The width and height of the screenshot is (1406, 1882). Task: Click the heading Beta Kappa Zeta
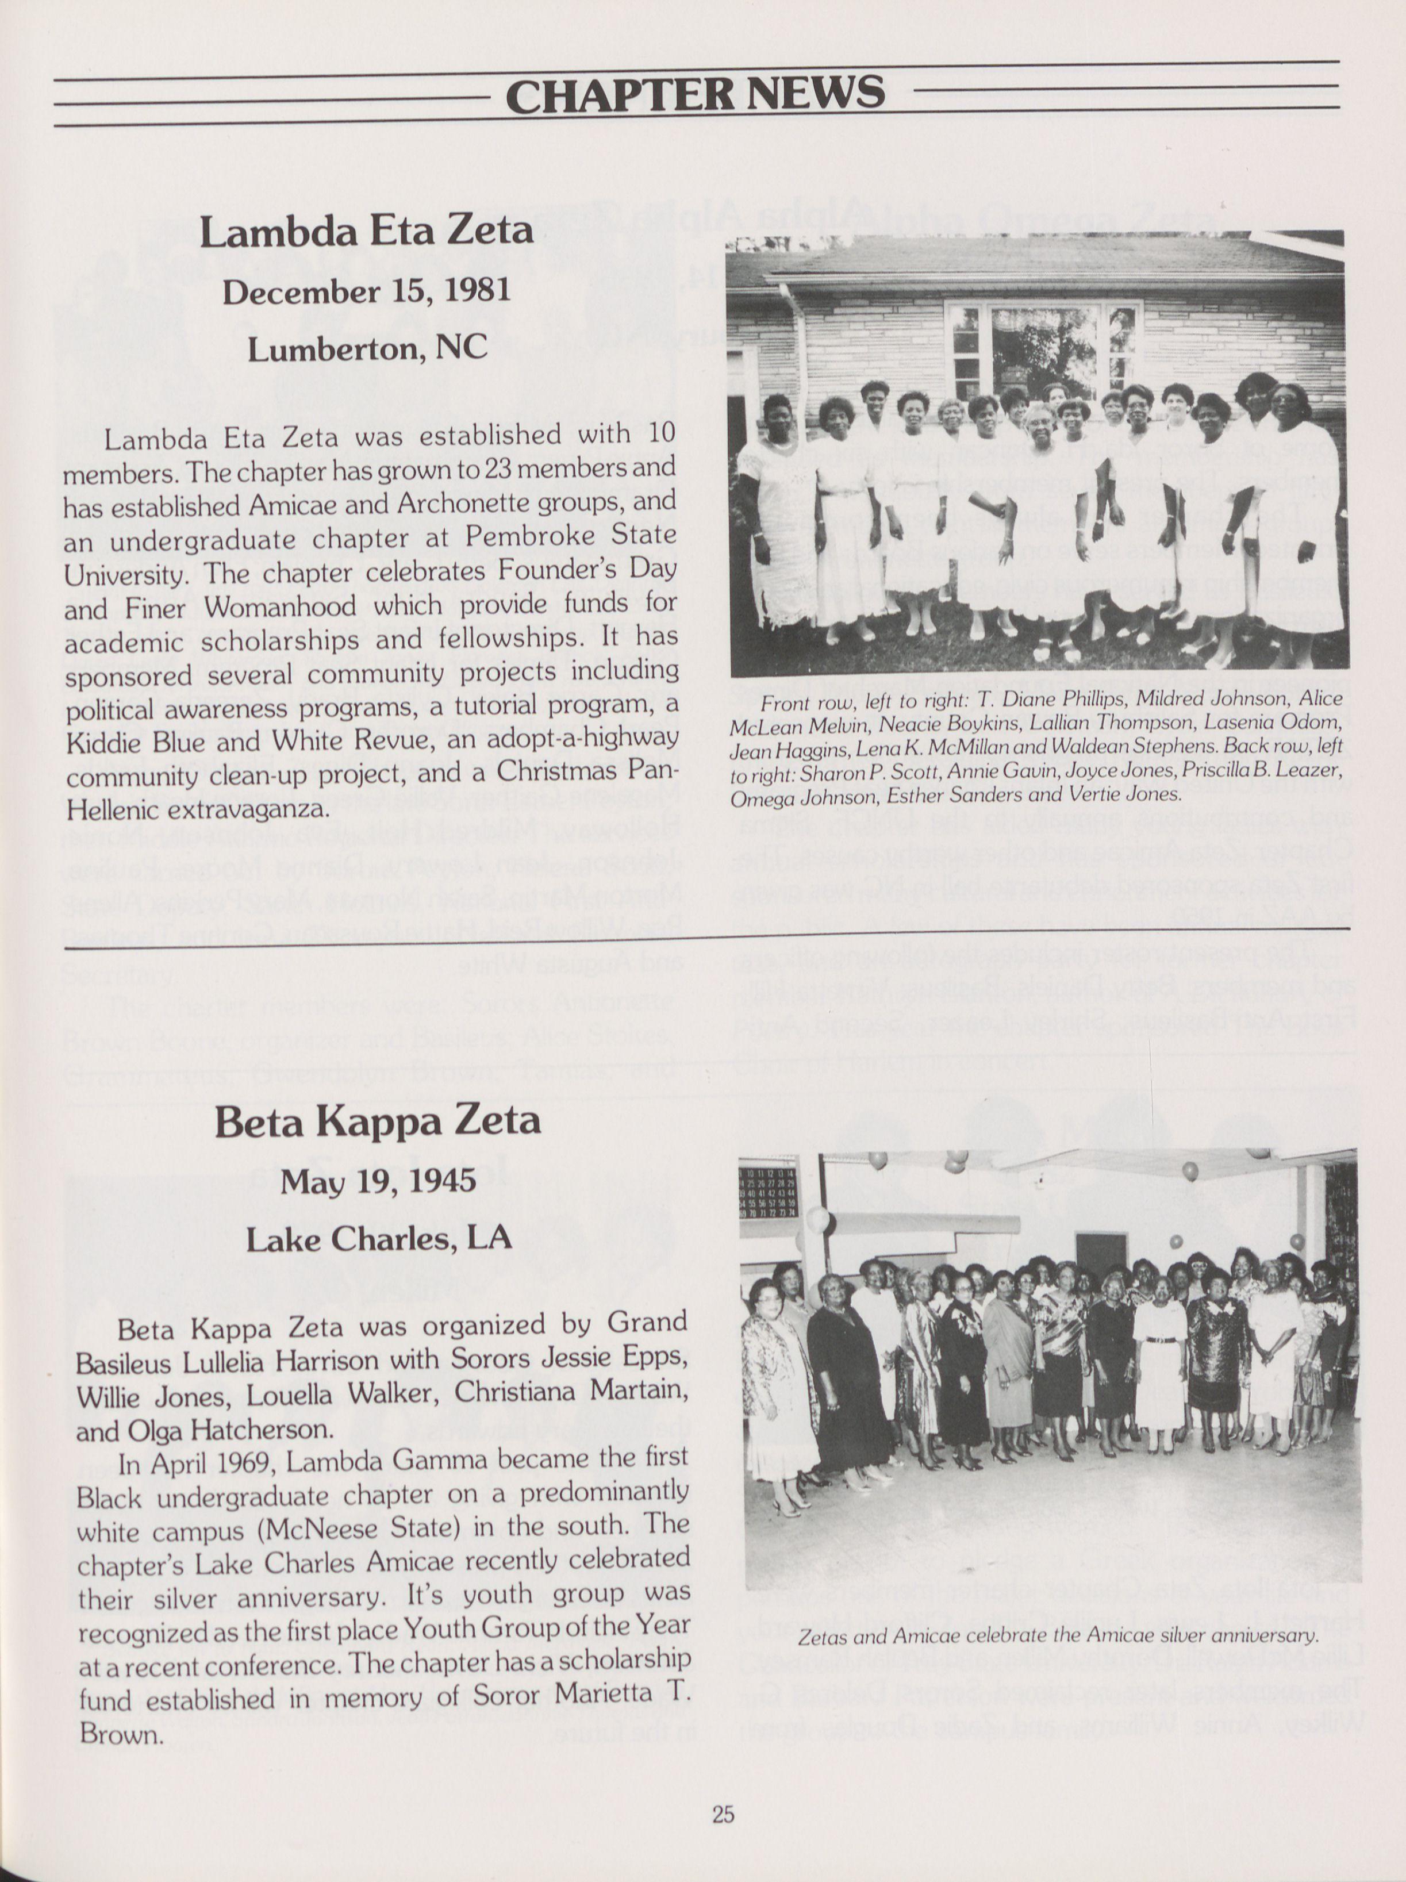point(378,1120)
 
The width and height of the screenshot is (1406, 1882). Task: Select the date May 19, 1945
point(378,1181)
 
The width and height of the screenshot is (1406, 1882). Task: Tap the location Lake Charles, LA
point(378,1238)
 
